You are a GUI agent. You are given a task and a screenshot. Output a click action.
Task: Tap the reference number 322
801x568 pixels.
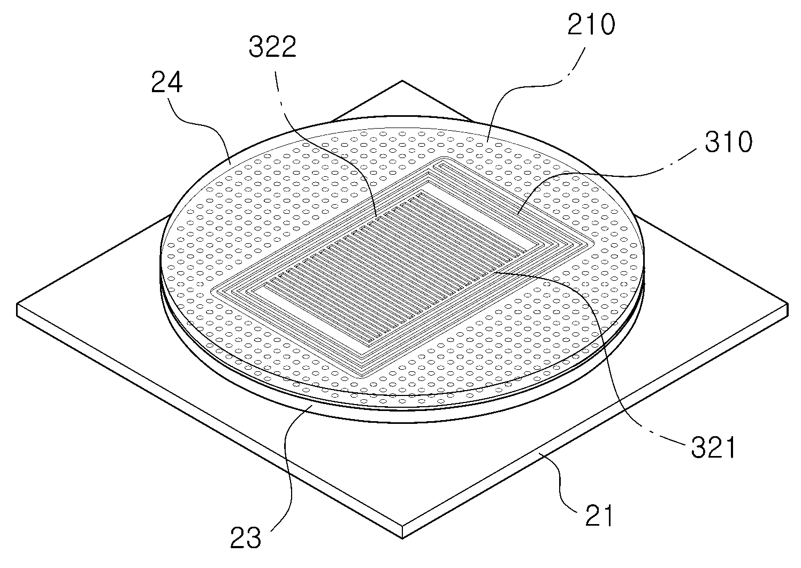click(272, 47)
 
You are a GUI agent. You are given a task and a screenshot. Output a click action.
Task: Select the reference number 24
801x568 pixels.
click(166, 83)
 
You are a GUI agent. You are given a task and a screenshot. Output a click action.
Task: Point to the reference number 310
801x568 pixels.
click(728, 142)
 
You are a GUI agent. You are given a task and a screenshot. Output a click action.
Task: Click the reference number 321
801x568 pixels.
click(713, 447)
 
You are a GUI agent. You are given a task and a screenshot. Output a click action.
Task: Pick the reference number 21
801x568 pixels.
click(599, 515)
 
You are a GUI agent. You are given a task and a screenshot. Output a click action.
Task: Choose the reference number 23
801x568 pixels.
click(245, 538)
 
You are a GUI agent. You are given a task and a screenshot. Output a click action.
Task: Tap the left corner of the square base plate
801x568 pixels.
click(17, 305)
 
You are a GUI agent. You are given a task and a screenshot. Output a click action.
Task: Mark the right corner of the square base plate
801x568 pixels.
click(788, 304)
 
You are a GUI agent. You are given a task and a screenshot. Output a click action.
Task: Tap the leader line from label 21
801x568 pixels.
click(563, 482)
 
